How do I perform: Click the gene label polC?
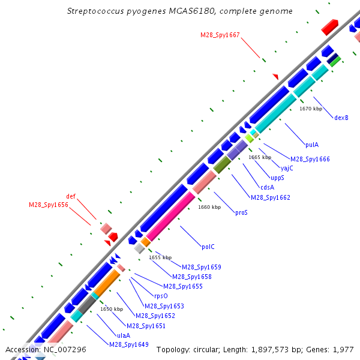(208, 247)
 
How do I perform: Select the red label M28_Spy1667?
(220, 35)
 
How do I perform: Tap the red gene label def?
(71, 196)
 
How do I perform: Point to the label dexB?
(341, 118)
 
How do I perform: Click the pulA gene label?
(312, 145)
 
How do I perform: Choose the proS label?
(241, 212)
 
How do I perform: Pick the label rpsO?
(161, 296)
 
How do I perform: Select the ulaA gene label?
(124, 335)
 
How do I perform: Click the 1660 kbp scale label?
(209, 207)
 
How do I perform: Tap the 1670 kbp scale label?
(311, 109)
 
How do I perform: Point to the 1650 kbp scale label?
(112, 309)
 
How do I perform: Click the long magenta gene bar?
(170, 216)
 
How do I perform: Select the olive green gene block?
(222, 165)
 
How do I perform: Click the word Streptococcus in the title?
(95, 11)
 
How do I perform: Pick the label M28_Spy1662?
(271, 197)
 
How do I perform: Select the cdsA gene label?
(267, 187)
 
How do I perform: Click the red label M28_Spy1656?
(49, 205)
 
